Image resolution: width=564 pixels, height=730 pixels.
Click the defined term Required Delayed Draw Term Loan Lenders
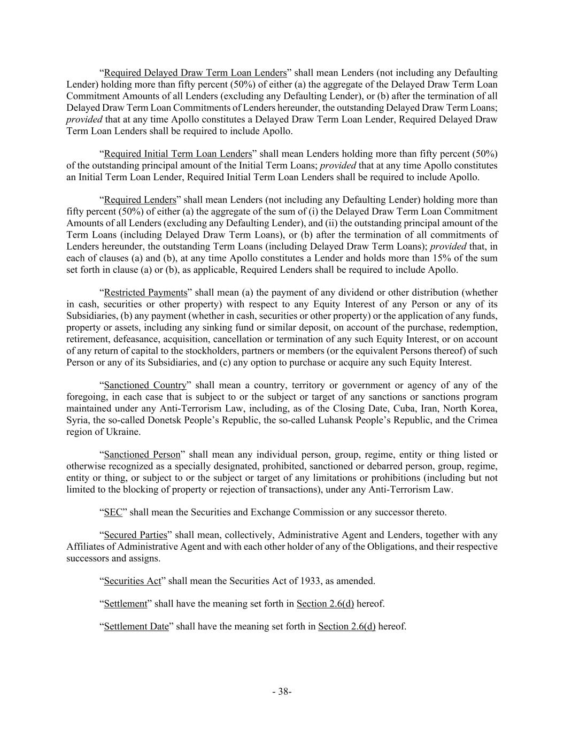tap(195, 73)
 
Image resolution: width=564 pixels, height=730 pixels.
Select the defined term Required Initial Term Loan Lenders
tap(177, 154)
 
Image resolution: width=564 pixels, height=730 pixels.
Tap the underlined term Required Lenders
tap(140, 200)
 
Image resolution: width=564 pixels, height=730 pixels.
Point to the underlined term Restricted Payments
tap(145, 293)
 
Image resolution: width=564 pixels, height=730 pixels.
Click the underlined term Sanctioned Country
tap(145, 385)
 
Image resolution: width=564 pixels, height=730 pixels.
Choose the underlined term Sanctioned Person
tap(142, 455)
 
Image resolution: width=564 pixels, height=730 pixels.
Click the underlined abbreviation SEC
tap(113, 512)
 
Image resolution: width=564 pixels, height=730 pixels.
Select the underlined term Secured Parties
tap(135, 535)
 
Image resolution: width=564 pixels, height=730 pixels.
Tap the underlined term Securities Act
tap(132, 581)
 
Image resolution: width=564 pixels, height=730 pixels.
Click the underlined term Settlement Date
tap(136, 627)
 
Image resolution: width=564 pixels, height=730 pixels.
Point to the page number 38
tap(282, 691)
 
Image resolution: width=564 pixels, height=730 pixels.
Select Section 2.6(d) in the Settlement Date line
tap(346, 627)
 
